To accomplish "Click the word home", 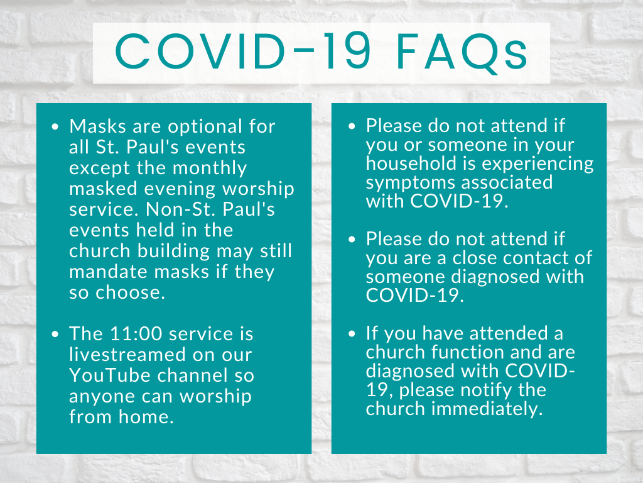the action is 146,416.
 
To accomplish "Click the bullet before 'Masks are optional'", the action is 55,126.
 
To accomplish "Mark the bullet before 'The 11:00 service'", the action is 55,334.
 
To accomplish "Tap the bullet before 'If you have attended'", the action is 352,333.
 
